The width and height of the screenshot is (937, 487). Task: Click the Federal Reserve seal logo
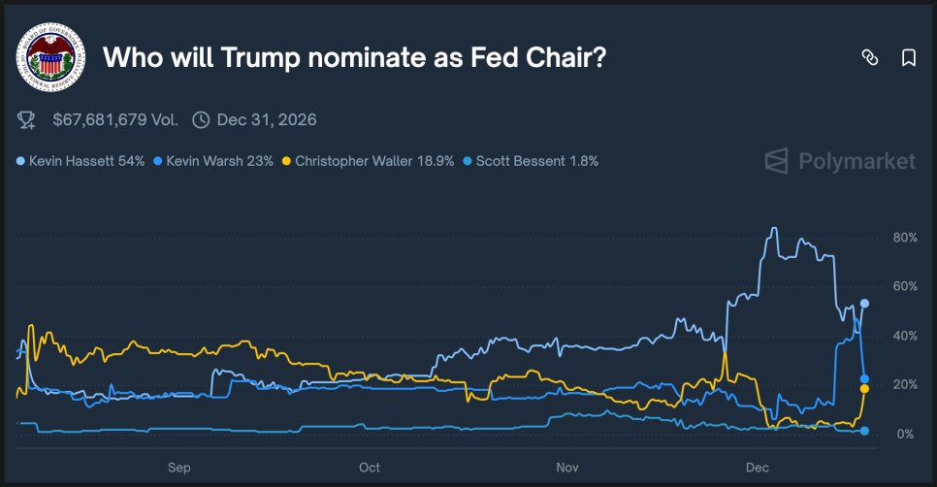[51, 57]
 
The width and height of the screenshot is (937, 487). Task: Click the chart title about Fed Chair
[355, 58]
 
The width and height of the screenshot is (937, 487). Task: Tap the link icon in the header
[869, 58]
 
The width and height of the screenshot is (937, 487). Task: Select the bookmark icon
[909, 58]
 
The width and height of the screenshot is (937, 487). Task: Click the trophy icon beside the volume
[27, 120]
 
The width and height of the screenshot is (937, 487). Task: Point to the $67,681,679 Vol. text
[114, 120]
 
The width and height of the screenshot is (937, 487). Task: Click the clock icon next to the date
[201, 120]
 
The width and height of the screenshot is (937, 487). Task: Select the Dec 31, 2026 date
[267, 120]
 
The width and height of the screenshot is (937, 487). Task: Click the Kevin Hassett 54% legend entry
[81, 161]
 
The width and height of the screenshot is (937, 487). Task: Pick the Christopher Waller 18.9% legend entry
[369, 161]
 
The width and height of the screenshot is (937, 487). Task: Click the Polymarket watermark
[840, 161]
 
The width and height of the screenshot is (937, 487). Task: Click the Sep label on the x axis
[178, 467]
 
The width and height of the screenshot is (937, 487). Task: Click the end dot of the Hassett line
[864, 304]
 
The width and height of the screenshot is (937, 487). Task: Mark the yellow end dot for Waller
[864, 388]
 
